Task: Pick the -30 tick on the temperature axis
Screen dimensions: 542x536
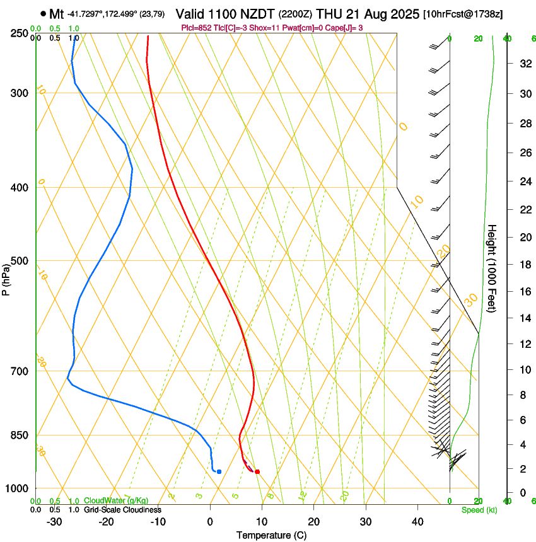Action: tap(54, 521)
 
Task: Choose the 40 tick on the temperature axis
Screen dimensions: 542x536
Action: tap(417, 521)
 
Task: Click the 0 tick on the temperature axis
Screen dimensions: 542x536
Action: tap(210, 521)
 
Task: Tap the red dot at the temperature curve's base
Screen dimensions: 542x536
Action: tap(257, 471)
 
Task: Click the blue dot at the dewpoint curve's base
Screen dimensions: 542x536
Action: tap(219, 471)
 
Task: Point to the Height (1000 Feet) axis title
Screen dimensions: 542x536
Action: tap(492, 268)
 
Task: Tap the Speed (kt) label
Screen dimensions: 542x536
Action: tap(479, 509)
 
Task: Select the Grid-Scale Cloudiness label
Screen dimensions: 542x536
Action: tap(122, 509)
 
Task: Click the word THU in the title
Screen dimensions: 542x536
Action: tap(329, 13)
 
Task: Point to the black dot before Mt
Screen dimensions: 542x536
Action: tap(43, 13)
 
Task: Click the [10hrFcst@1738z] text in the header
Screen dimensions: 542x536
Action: tap(463, 14)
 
